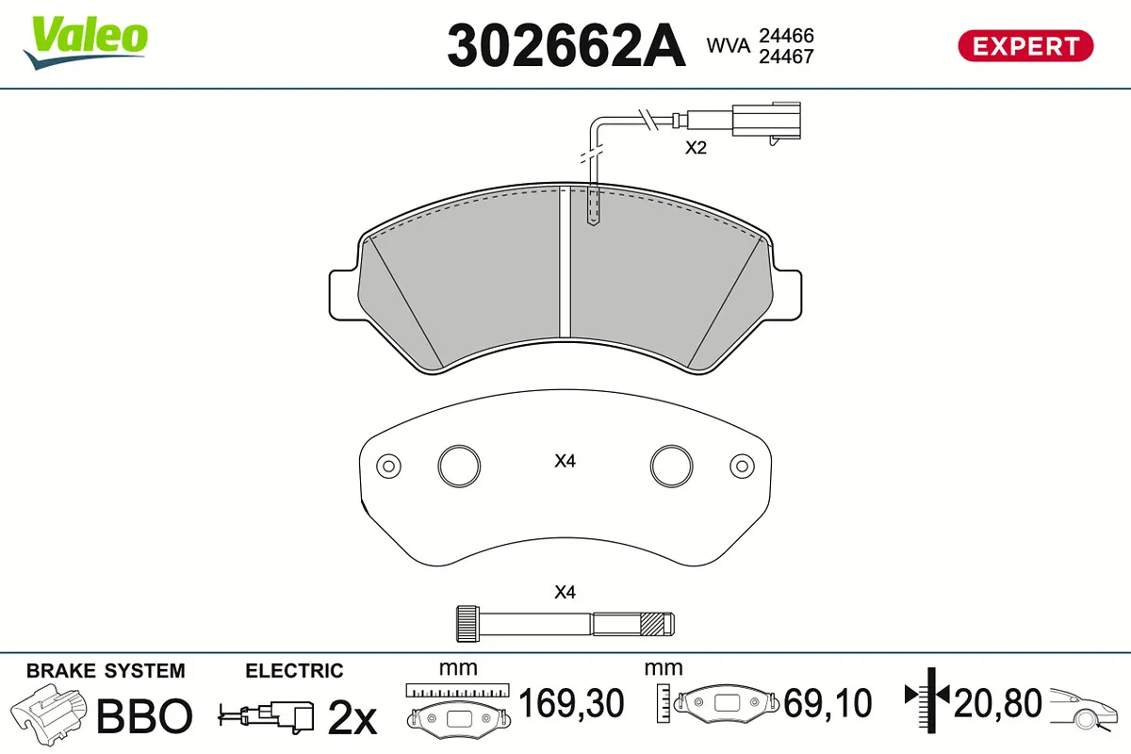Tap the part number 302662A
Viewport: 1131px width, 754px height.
click(x=566, y=45)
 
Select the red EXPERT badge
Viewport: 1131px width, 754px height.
click(x=1025, y=46)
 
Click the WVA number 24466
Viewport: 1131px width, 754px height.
click(x=787, y=36)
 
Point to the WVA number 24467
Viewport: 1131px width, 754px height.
click(x=787, y=57)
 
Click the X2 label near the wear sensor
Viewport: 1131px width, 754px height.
click(x=696, y=147)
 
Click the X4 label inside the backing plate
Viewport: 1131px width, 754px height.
click(x=565, y=461)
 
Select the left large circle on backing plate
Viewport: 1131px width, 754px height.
click(x=459, y=466)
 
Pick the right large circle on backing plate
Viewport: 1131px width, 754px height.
click(x=671, y=466)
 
